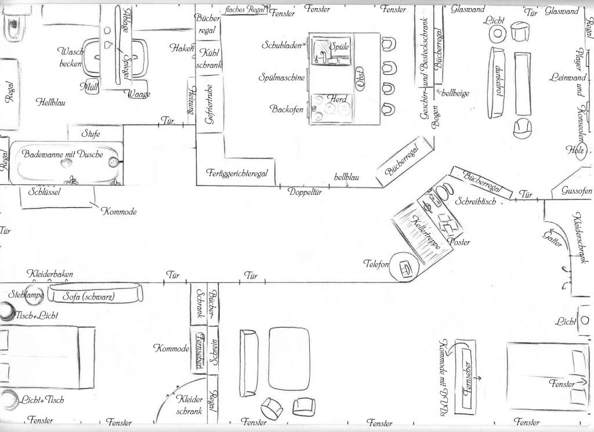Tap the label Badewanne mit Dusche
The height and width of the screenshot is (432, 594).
[63, 154]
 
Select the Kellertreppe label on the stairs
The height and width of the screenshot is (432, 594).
[424, 233]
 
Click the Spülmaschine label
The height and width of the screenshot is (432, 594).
[281, 78]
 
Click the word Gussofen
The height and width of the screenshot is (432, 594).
[577, 191]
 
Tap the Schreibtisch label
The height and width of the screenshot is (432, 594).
[475, 202]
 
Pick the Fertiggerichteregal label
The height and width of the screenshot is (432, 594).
[236, 173]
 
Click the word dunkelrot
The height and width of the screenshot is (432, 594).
[498, 81]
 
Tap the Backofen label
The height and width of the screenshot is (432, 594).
[287, 108]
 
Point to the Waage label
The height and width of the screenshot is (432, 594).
[139, 94]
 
